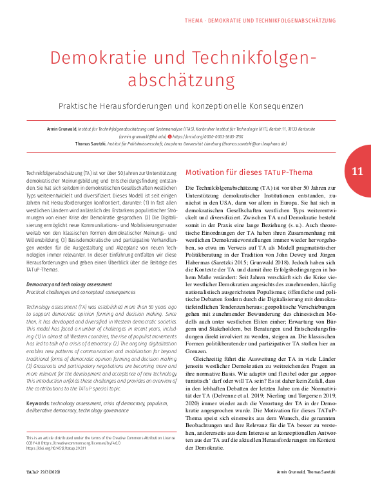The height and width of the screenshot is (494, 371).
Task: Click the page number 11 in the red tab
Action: (357, 171)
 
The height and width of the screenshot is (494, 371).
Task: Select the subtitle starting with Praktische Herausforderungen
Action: (185, 104)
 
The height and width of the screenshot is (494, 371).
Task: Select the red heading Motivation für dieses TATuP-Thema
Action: (240, 172)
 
